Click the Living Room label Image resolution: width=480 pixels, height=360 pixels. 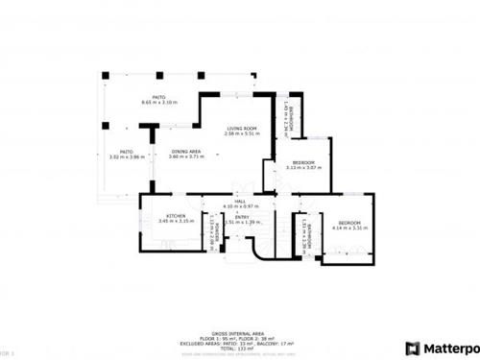point(240,129)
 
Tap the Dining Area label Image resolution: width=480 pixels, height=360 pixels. point(185,151)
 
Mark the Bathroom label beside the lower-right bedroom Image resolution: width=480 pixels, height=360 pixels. point(305,232)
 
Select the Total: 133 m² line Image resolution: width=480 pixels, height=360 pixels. point(240,322)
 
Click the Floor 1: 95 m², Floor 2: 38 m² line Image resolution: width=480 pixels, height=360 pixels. point(240,307)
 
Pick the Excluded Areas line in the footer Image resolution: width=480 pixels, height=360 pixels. point(240,315)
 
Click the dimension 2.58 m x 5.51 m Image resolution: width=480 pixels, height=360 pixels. point(240,133)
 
